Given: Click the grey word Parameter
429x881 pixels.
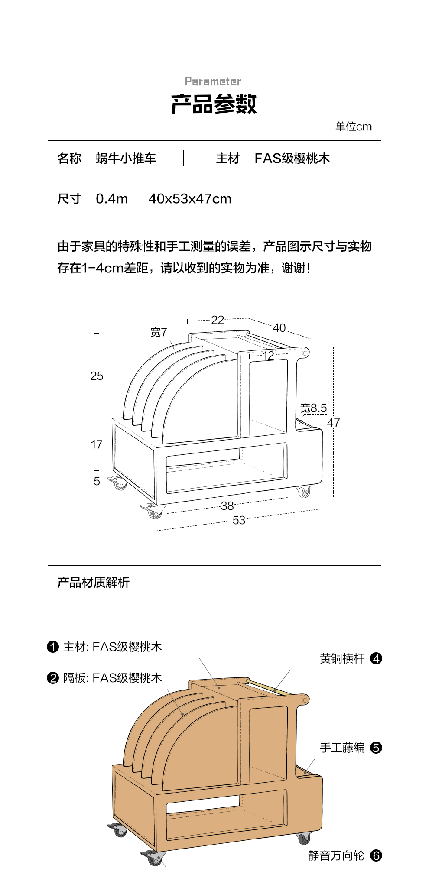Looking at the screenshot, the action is (213, 81).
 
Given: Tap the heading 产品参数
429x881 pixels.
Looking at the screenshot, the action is (214, 104).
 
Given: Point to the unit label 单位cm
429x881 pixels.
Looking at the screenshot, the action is (353, 126).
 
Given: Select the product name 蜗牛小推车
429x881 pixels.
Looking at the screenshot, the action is (126, 159).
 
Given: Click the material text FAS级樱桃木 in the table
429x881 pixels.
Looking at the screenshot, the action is (292, 159).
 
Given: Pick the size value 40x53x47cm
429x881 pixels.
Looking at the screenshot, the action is (190, 199).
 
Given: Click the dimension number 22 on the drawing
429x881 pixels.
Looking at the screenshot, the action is (218, 320).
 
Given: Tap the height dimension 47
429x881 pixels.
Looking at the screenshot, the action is (333, 422).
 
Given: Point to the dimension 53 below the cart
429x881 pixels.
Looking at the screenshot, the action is (239, 520).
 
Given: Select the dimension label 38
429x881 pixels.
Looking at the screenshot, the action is (227, 505).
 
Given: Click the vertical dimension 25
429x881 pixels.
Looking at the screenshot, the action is (97, 376).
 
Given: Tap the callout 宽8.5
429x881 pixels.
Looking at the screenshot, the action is (313, 408).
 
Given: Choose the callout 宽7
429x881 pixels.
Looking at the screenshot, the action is (159, 332).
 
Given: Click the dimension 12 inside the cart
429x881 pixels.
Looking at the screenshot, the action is (268, 355).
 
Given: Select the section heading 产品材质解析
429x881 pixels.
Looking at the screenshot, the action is (93, 583).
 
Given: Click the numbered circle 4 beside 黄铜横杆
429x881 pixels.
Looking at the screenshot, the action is (376, 658).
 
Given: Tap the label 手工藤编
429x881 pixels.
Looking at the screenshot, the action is (342, 748).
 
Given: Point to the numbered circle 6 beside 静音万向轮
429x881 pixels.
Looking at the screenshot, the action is (376, 855).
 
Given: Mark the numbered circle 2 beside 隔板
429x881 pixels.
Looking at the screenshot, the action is (53, 678).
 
